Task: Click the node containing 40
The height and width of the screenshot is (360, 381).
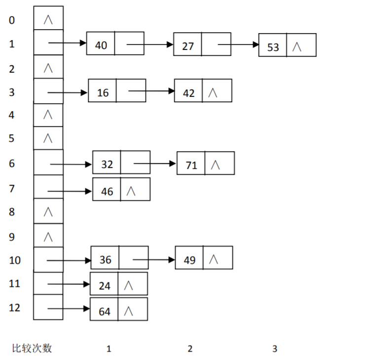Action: (115, 44)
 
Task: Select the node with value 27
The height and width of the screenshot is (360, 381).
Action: (202, 44)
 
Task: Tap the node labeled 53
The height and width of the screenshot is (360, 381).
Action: (287, 45)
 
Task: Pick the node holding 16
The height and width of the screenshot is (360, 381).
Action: (117, 91)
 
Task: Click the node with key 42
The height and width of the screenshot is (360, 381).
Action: (203, 90)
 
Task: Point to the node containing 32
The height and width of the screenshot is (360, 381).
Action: (121, 162)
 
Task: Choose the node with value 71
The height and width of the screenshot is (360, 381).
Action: (205, 163)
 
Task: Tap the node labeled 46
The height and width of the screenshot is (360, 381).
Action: (121, 189)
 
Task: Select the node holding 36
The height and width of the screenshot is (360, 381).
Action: (119, 258)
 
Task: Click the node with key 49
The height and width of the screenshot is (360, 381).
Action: (204, 258)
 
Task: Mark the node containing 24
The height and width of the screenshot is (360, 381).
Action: (118, 284)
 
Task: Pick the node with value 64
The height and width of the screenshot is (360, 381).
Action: (118, 309)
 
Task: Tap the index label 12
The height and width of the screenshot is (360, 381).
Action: (15, 308)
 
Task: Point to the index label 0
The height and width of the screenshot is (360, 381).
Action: (12, 20)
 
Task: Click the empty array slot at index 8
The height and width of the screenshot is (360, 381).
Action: (48, 211)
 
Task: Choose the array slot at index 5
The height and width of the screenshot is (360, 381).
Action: (48, 138)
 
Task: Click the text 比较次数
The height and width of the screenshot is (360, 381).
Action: (32, 348)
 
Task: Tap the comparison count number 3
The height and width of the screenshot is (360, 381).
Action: (275, 349)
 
